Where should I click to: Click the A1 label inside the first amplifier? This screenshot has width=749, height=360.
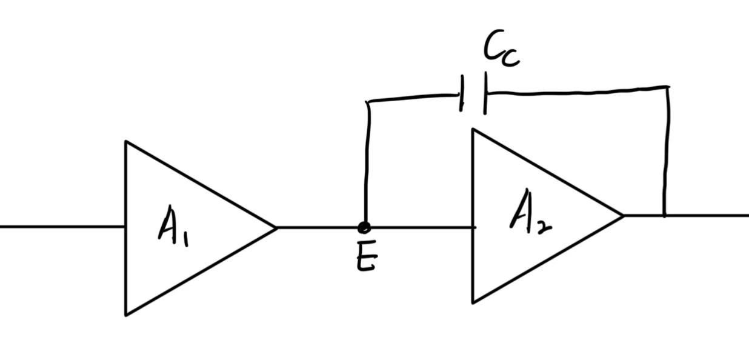(173, 226)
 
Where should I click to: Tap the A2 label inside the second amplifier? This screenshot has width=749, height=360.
(530, 212)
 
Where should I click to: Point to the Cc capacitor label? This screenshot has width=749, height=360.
(502, 48)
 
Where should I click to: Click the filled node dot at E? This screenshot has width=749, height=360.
(364, 228)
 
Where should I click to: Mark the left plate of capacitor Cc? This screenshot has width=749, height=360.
(462, 93)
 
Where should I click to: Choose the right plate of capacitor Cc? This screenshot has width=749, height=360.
(485, 93)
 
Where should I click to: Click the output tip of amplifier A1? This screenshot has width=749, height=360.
(276, 228)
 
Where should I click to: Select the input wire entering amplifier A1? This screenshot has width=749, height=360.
(62, 227)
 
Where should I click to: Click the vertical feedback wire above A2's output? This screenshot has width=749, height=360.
(667, 151)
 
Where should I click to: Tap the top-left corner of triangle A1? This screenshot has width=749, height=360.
(125, 141)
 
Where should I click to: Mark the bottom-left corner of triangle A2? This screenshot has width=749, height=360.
(473, 303)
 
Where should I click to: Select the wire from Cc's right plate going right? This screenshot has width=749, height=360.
(578, 91)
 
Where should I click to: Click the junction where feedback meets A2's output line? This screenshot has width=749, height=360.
(664, 216)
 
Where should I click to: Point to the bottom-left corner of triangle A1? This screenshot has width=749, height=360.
(125, 315)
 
